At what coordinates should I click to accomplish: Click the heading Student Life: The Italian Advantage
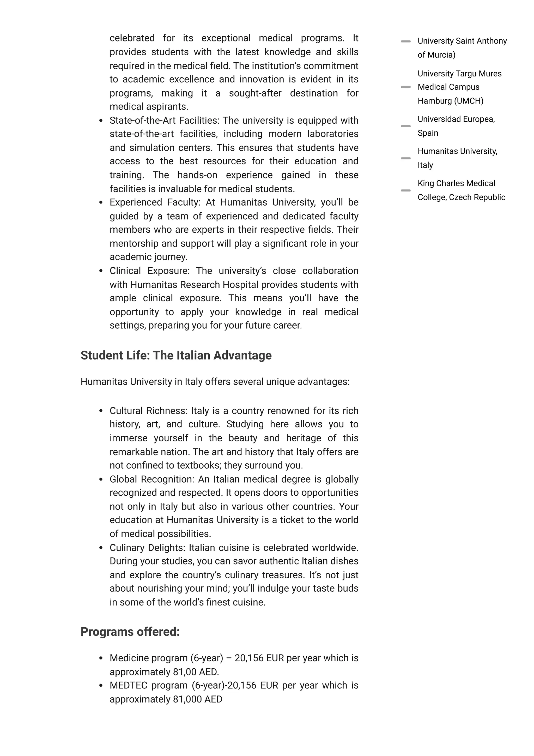[x=176, y=355]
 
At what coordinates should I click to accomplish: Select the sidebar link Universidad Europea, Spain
[x=456, y=126]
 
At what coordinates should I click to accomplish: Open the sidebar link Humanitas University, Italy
[x=457, y=158]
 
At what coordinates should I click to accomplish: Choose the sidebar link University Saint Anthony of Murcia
[x=462, y=48]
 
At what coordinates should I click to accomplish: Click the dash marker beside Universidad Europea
[x=406, y=126]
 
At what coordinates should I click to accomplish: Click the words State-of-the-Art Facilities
[x=163, y=120]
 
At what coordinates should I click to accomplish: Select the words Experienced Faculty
[x=154, y=202]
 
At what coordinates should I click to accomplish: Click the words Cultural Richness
[x=148, y=411]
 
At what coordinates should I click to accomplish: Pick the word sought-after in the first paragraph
[x=255, y=93]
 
